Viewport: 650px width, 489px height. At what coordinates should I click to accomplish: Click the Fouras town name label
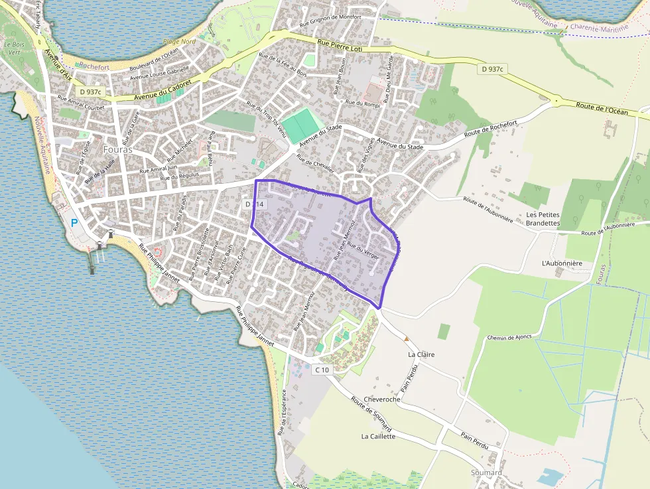[x=118, y=150]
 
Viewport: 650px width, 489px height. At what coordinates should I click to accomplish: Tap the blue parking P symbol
[x=74, y=224]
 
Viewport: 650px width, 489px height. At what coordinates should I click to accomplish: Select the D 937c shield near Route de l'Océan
[x=493, y=69]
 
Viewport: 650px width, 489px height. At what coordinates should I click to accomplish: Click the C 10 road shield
[x=322, y=370]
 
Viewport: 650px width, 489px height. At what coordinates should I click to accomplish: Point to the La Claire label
[x=421, y=354]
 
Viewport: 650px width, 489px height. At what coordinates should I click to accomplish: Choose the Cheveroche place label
[x=382, y=399]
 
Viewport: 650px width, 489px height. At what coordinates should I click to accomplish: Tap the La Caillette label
[x=378, y=437]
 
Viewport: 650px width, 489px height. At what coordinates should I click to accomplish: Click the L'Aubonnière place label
[x=562, y=263]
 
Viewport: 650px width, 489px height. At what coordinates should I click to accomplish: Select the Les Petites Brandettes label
[x=543, y=219]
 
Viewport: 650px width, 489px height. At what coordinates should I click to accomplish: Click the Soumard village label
[x=486, y=472]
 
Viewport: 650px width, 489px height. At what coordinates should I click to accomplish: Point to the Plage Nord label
[x=179, y=42]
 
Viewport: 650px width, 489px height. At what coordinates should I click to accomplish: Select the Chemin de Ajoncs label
[x=509, y=337]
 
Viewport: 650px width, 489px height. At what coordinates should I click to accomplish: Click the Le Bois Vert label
[x=13, y=48]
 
